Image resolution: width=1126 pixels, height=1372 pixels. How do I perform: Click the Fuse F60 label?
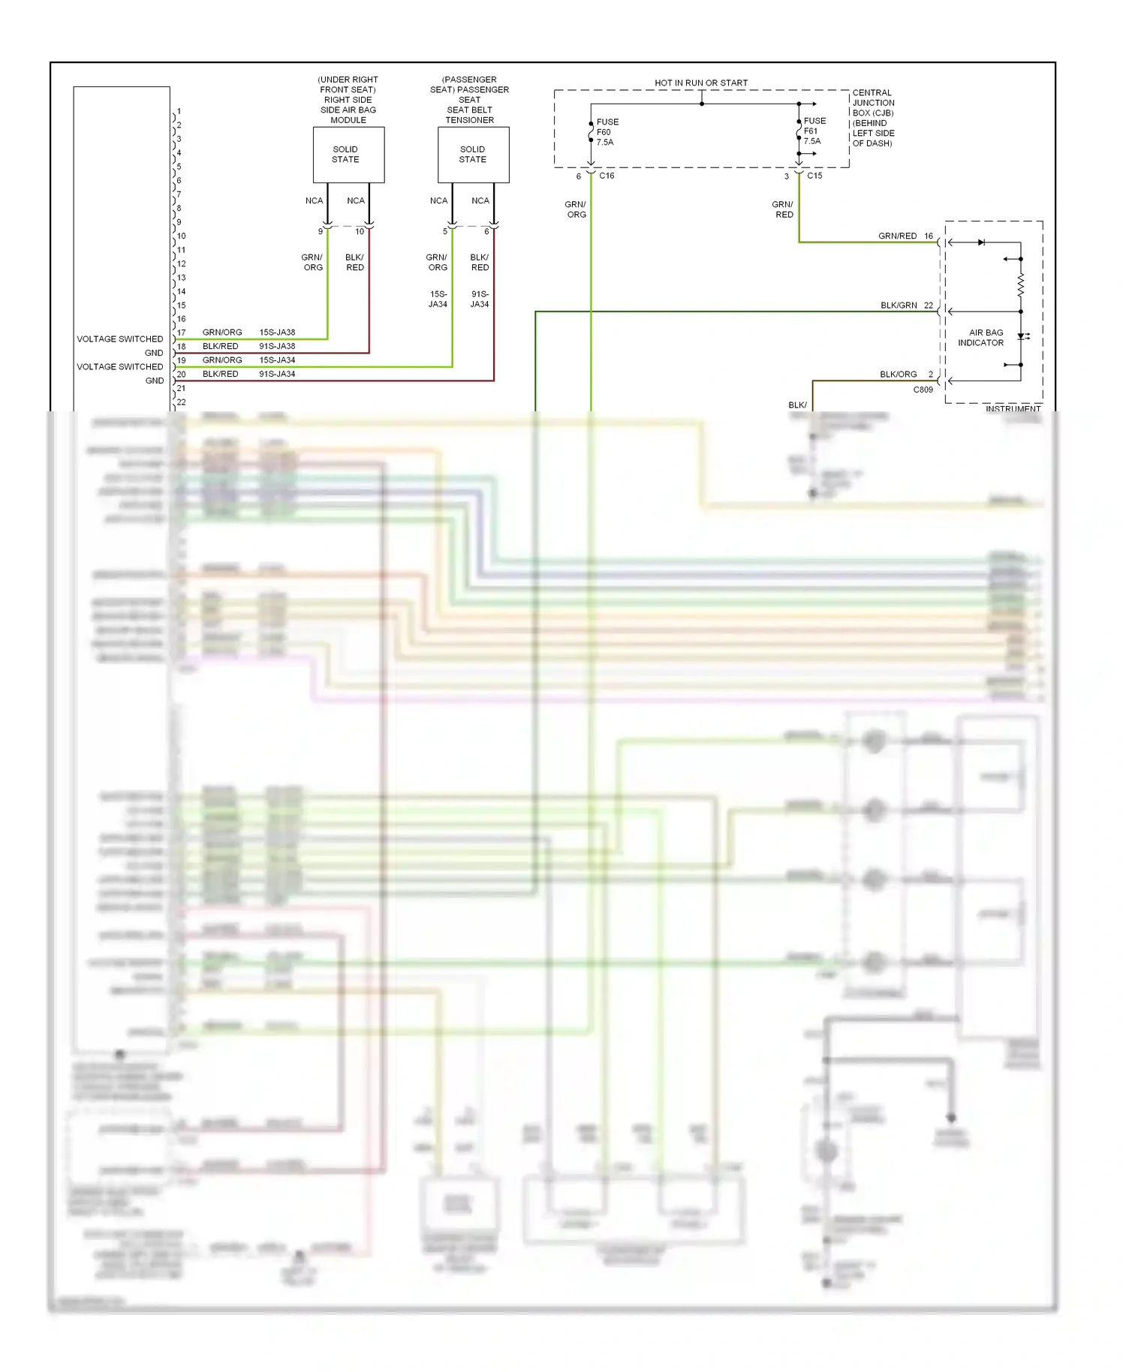(x=606, y=132)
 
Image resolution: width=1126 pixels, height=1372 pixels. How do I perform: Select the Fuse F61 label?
(x=813, y=131)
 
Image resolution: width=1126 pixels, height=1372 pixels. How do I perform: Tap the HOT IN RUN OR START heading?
(x=701, y=83)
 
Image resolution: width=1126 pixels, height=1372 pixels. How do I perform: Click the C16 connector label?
(x=607, y=176)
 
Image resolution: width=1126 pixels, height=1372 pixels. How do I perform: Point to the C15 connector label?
(x=814, y=176)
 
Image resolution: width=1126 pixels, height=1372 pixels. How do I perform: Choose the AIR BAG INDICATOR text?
(x=982, y=338)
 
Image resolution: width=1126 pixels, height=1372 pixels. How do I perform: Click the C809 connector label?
(x=923, y=390)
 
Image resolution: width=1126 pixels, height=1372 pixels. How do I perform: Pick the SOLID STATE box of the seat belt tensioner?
(x=473, y=155)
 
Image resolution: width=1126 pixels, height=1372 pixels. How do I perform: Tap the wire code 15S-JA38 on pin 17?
(x=277, y=332)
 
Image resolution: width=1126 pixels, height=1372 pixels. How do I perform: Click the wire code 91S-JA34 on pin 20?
(x=277, y=374)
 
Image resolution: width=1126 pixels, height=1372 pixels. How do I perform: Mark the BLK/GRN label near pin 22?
(x=899, y=305)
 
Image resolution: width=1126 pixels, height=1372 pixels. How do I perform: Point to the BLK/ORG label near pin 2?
(x=898, y=375)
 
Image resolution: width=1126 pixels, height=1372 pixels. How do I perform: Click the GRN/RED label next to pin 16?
(x=897, y=236)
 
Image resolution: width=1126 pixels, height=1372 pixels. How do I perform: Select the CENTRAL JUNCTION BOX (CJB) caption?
(x=873, y=118)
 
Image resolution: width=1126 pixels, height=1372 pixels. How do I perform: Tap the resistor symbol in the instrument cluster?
(x=1021, y=284)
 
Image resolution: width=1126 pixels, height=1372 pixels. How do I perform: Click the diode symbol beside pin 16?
(x=981, y=242)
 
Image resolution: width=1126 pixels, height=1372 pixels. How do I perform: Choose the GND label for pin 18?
(x=154, y=353)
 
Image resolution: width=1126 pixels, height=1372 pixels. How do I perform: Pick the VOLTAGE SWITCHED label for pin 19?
(x=119, y=367)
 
